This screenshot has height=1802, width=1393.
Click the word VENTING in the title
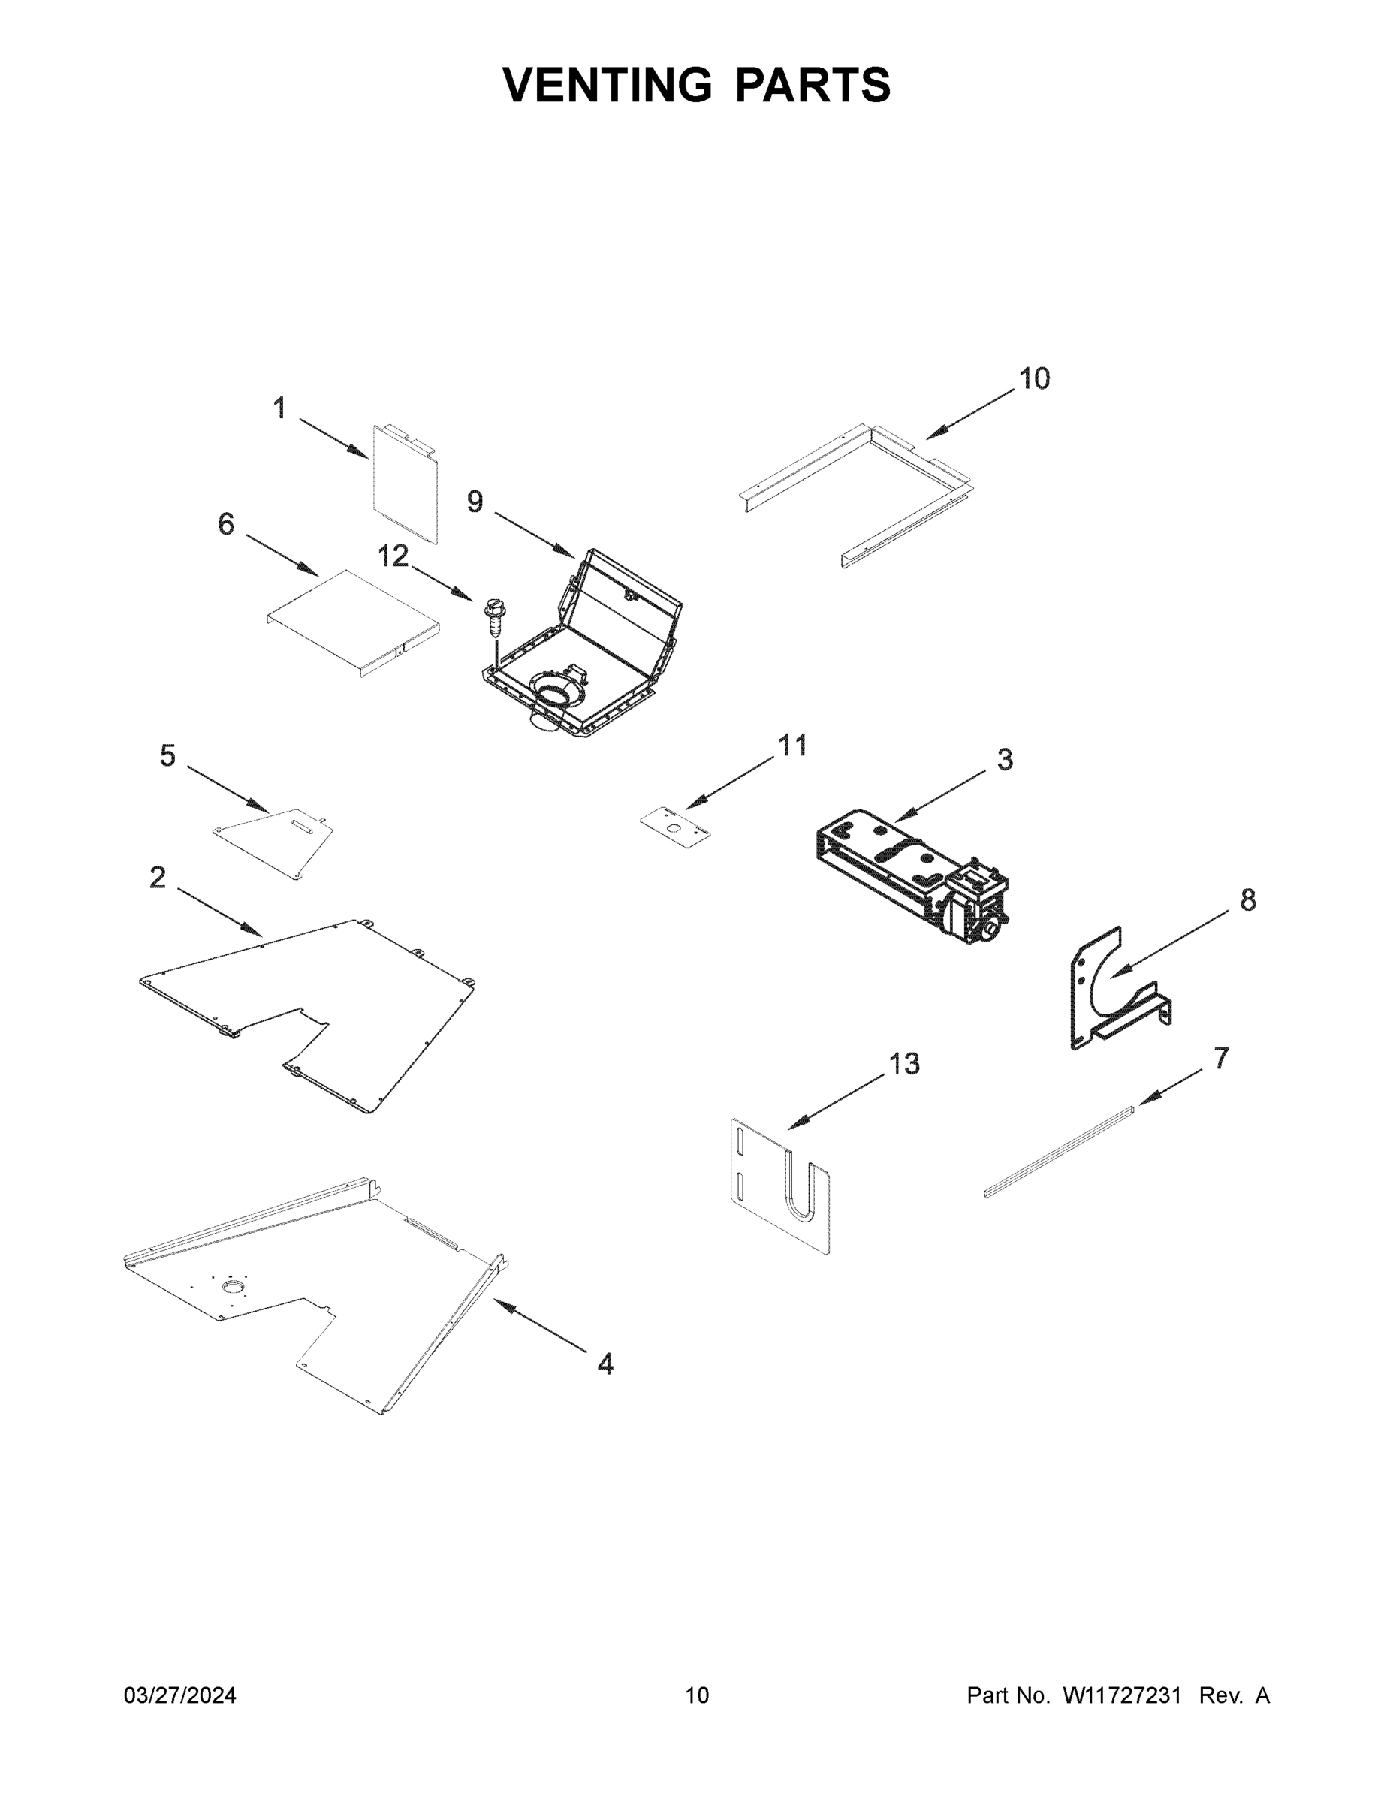(608, 85)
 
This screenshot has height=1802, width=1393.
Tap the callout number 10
(1034, 378)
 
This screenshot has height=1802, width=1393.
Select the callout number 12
(393, 556)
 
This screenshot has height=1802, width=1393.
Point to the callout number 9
(475, 501)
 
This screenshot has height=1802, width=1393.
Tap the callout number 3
(1004, 759)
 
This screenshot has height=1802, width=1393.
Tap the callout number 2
(157, 877)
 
